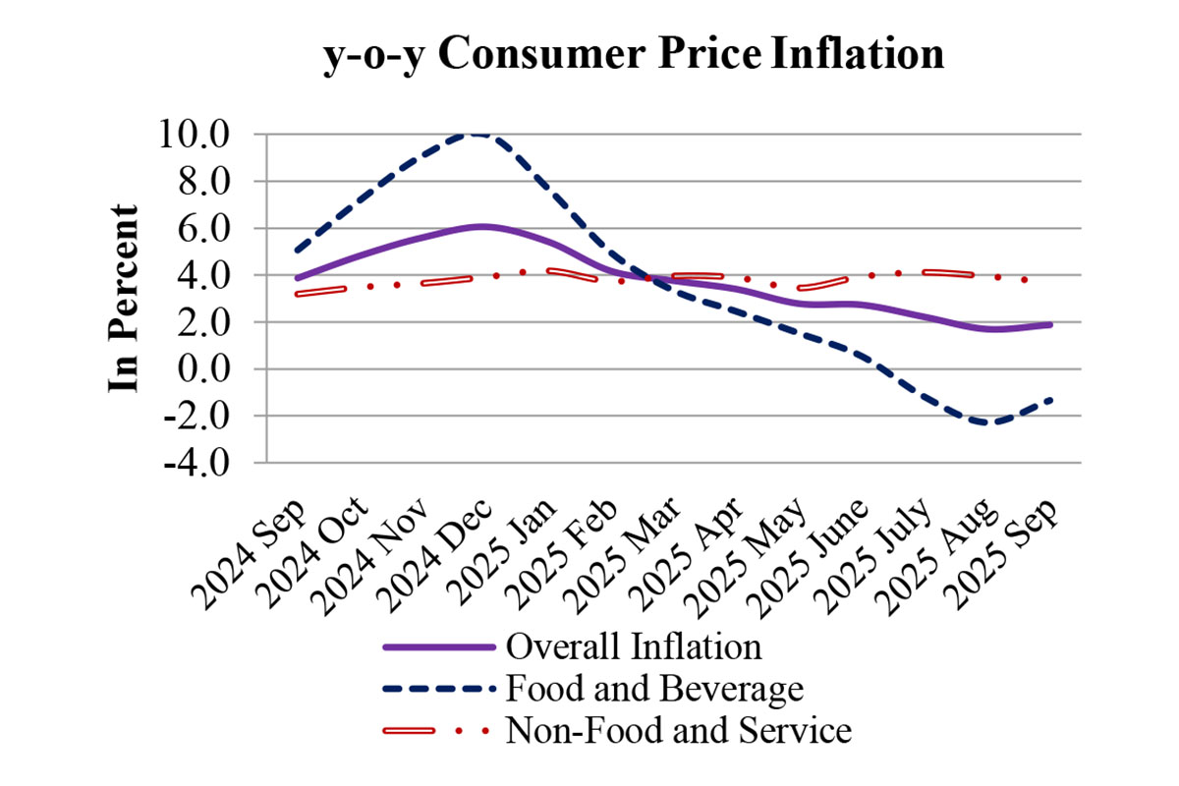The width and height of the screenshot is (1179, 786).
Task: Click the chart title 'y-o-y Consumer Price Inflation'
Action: click(634, 56)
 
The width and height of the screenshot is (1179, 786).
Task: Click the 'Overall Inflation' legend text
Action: click(633, 647)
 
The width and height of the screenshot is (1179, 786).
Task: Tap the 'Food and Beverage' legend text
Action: click(653, 689)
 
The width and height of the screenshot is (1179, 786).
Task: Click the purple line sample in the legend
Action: click(436, 647)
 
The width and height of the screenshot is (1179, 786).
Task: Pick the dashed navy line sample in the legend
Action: click(436, 689)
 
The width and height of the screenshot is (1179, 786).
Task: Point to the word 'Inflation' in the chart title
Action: click(859, 56)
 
